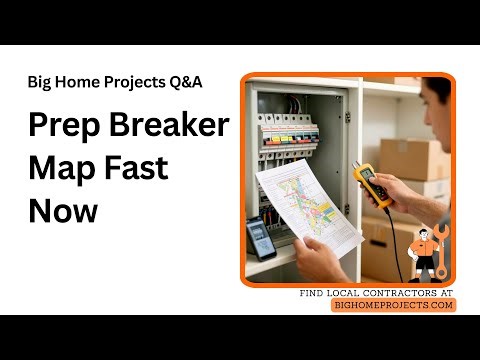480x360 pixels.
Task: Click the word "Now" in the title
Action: point(62,211)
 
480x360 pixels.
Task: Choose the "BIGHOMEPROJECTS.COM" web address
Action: point(393,305)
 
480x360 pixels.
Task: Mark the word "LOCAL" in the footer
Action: point(346,292)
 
